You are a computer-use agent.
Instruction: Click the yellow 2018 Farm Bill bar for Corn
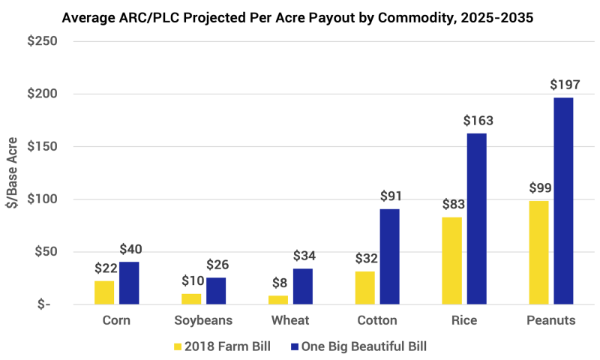104,292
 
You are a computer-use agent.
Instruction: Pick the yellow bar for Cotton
364,288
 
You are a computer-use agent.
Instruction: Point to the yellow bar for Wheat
278,300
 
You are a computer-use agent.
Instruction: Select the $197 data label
564,85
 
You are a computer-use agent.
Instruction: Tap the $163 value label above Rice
477,120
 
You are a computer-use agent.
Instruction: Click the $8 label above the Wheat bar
278,283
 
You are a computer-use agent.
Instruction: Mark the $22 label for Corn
105,268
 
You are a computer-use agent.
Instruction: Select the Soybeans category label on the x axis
203,321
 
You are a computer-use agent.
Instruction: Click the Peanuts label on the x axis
550,321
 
